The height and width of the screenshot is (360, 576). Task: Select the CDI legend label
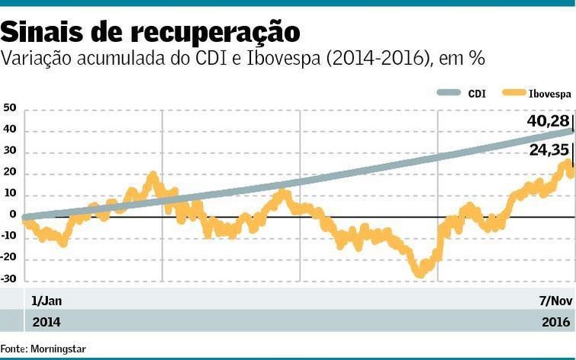click(477, 93)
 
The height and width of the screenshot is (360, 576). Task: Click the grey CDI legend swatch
click(449, 93)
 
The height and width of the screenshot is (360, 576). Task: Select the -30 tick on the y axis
click(8, 280)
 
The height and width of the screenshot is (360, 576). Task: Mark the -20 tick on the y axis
click(8, 259)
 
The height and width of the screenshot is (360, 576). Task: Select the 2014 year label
click(46, 322)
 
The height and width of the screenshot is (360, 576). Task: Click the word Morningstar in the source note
click(59, 349)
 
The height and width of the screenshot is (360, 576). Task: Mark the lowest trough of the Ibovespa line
click(418, 272)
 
